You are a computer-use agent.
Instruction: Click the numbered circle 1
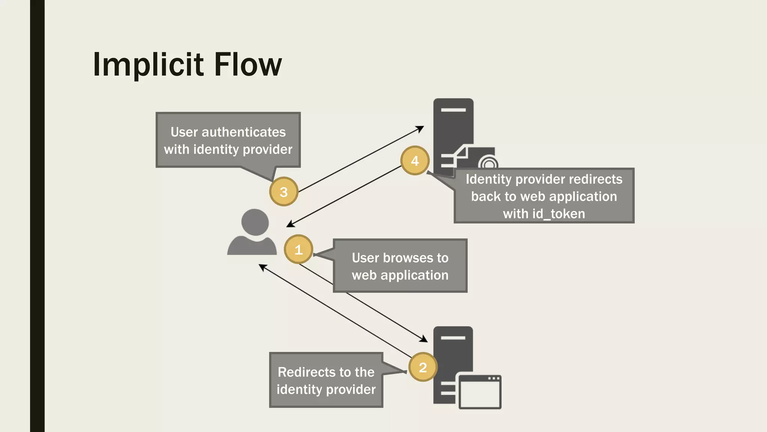point(298,249)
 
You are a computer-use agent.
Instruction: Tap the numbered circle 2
point(423,367)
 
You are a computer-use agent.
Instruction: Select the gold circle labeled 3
point(284,192)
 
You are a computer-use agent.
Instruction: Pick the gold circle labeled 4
point(415,160)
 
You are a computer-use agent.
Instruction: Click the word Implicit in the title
point(148,65)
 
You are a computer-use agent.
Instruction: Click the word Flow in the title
point(248,65)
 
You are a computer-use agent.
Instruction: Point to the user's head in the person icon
point(255,222)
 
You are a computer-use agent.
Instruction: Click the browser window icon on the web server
point(480,392)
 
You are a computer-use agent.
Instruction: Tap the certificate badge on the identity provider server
point(488,163)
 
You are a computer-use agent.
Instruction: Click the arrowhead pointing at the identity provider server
point(421,129)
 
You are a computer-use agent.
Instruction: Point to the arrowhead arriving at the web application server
point(424,339)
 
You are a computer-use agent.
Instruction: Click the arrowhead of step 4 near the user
point(289,225)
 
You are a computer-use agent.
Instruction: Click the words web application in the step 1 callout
point(400,275)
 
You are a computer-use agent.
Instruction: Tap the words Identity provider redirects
point(544,179)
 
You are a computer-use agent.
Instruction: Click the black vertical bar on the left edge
point(37,216)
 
